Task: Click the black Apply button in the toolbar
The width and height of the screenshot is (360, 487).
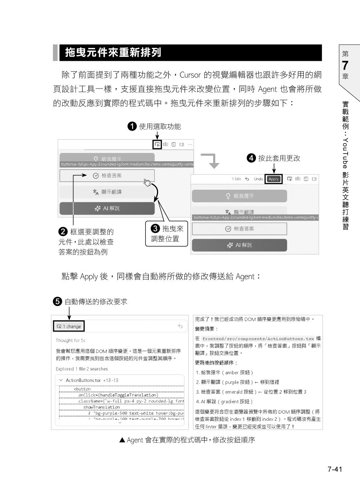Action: tap(274, 179)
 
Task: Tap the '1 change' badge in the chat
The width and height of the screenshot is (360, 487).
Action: tap(69, 326)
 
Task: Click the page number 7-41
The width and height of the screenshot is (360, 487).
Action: tap(334, 469)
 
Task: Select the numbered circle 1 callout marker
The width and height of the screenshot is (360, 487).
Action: tap(132, 126)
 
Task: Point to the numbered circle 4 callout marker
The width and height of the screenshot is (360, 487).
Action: tap(251, 158)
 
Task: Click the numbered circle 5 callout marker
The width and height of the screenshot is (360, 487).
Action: tap(58, 302)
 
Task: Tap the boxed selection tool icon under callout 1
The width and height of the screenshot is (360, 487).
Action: tap(157, 144)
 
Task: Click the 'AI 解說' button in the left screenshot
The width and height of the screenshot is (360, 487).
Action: tap(107, 208)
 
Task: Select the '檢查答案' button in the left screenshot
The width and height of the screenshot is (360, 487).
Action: tap(107, 176)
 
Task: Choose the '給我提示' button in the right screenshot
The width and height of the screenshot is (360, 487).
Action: tap(239, 196)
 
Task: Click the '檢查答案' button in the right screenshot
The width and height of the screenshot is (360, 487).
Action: tap(239, 229)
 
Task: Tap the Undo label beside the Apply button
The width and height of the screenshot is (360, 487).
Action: tap(258, 179)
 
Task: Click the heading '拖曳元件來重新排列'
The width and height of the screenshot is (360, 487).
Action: tap(113, 53)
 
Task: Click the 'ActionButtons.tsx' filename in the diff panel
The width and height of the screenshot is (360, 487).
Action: tap(83, 380)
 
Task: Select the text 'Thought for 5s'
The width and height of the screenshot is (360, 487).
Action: tap(70, 340)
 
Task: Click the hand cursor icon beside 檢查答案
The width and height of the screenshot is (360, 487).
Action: tap(147, 182)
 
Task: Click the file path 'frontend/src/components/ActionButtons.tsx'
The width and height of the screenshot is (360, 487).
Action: tap(258, 339)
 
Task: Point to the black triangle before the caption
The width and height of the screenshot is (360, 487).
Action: tap(122, 440)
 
